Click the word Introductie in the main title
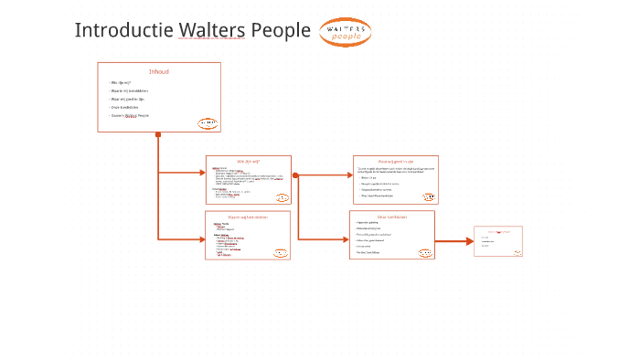(x=124, y=30)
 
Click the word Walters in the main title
(x=212, y=30)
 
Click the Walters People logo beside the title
(x=345, y=32)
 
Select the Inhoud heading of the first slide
(x=159, y=71)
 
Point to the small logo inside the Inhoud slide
(x=208, y=123)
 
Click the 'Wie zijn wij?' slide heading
(x=249, y=162)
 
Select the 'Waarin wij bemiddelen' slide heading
(x=248, y=217)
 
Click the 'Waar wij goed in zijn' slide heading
(x=396, y=162)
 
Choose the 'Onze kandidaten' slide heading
(x=392, y=217)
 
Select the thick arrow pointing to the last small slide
(x=454, y=241)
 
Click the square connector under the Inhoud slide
(x=158, y=135)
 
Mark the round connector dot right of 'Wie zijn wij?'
(x=295, y=175)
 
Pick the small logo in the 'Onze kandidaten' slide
(x=424, y=252)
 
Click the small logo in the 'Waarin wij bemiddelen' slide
(x=281, y=253)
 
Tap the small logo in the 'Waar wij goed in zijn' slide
(x=428, y=196)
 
